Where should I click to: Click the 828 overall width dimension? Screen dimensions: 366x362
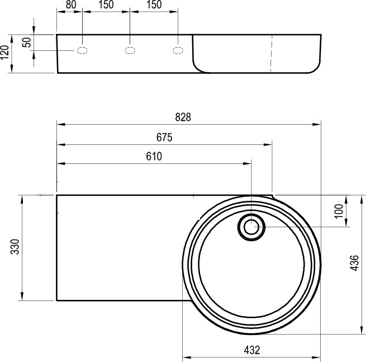(x=183, y=117)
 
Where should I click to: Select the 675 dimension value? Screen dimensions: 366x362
(x=164, y=138)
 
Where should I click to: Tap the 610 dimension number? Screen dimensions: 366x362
(x=154, y=157)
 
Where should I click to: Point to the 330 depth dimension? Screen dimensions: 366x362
(x=16, y=247)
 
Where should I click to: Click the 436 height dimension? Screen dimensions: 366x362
(x=354, y=263)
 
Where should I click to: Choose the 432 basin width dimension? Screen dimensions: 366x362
(x=252, y=350)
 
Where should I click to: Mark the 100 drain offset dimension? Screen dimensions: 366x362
(x=339, y=211)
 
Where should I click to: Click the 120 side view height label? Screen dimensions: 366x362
(x=5, y=53)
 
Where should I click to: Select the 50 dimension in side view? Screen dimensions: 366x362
(x=27, y=43)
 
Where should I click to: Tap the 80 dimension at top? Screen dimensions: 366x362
(x=71, y=4)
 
